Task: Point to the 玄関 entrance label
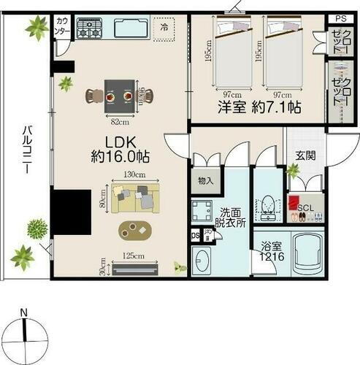(x=305, y=155)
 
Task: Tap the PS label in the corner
(x=340, y=18)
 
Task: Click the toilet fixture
(x=267, y=207)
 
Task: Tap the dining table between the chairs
(x=117, y=93)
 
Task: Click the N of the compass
(x=25, y=314)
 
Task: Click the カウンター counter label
(x=62, y=28)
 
